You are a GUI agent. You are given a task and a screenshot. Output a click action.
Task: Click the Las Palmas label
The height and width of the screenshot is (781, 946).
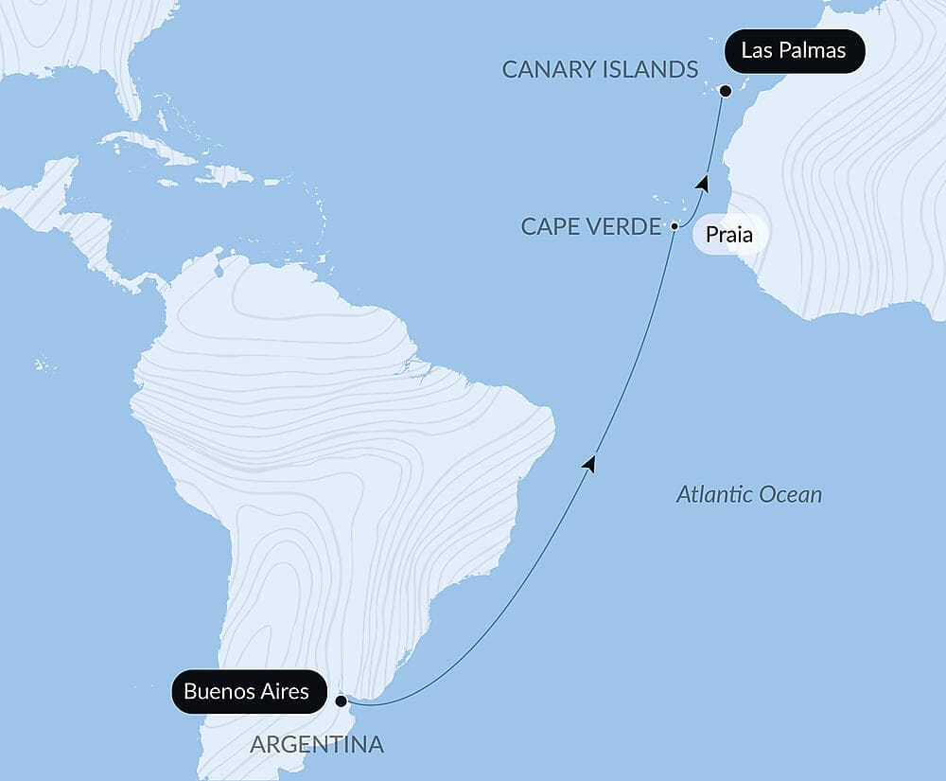(794, 51)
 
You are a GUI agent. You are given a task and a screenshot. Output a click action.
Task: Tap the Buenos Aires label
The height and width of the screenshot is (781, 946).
(246, 692)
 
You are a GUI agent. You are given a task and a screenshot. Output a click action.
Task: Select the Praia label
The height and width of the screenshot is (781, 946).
(729, 235)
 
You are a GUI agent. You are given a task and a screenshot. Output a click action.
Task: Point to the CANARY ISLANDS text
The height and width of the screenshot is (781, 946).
(600, 69)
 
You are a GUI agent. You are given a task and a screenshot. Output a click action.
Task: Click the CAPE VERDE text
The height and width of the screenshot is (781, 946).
(591, 227)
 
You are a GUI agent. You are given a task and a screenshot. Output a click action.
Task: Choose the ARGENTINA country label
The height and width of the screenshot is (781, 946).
(317, 745)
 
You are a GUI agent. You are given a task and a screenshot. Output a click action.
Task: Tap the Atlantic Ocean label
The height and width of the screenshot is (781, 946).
(749, 494)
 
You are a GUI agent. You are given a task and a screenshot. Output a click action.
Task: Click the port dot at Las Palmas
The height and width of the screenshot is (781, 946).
(726, 92)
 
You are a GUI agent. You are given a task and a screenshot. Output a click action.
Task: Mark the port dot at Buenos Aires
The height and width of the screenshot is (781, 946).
(341, 701)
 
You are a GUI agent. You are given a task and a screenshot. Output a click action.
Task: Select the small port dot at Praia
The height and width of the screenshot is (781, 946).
(674, 226)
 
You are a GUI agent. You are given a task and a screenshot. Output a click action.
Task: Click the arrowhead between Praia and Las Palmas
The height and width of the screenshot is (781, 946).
(702, 183)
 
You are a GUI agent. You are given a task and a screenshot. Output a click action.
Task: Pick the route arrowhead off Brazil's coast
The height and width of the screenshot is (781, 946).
(590, 463)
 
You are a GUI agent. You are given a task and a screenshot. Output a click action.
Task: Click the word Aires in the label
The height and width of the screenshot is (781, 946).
(282, 692)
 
